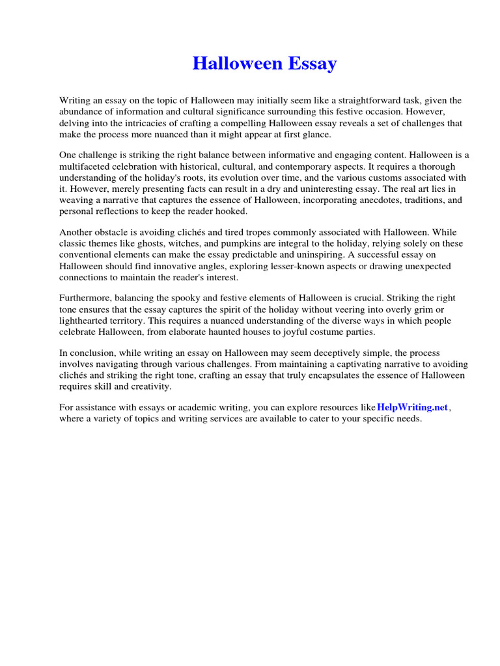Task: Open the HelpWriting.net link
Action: tap(413, 407)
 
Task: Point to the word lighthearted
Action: tap(87, 321)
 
